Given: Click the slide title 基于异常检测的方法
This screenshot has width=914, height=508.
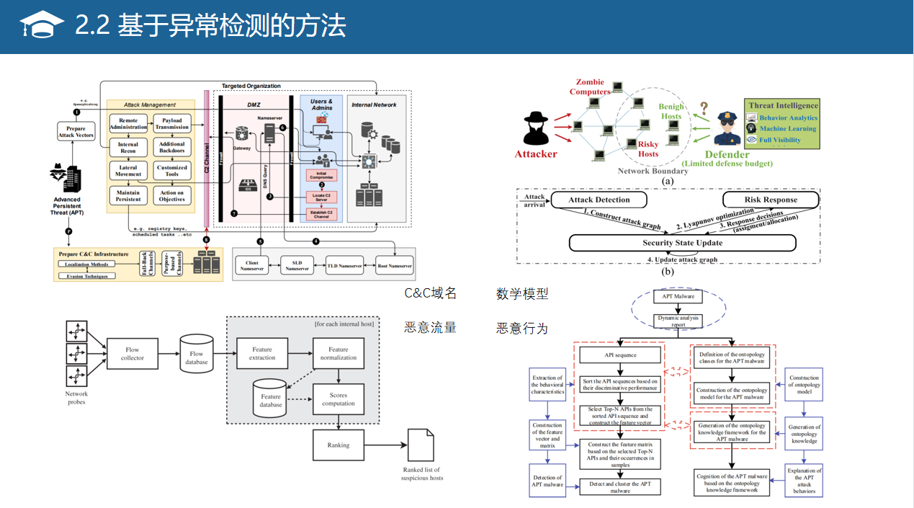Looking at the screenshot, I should coord(210,26).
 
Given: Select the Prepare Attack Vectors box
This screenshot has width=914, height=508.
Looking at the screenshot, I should coord(76,132).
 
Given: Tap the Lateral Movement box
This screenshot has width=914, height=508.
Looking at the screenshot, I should coord(128,171).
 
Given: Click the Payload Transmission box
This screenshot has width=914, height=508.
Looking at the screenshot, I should coord(172,123).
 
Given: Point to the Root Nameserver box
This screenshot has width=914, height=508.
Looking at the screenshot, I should coord(395,265).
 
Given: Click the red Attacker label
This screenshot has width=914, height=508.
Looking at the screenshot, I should coord(536,154).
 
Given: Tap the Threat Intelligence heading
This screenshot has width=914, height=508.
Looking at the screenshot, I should coord(783,105).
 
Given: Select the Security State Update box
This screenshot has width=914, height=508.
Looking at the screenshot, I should coord(682,243).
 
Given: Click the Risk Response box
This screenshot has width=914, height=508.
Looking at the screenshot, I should coord(770,200).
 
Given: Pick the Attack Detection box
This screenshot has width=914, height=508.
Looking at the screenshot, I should coord(599,200).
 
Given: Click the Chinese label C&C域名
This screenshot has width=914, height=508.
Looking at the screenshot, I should coord(430,293).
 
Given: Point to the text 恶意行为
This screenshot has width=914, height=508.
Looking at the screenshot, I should coord(522,329).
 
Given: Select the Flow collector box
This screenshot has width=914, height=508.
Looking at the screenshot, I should coord(132,354).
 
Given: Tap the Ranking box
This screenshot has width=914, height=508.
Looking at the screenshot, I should coord(339,445).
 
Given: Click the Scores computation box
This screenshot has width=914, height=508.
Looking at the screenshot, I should coord(339,399).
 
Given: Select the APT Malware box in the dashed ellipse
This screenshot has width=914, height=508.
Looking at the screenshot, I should coord(678,296).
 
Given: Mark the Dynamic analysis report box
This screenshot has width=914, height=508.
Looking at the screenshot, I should coord(678,321).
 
